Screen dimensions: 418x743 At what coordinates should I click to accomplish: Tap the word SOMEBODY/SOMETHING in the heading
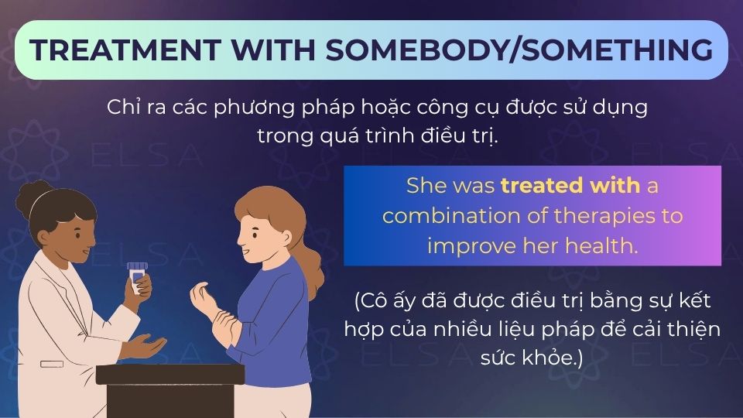(x=519, y=50)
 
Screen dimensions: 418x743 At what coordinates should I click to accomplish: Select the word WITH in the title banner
(x=272, y=50)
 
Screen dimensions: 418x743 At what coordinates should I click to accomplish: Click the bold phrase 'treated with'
(x=570, y=187)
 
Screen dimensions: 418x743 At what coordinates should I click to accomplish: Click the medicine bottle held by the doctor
(x=138, y=277)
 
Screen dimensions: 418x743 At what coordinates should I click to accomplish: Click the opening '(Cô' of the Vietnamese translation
(x=375, y=300)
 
